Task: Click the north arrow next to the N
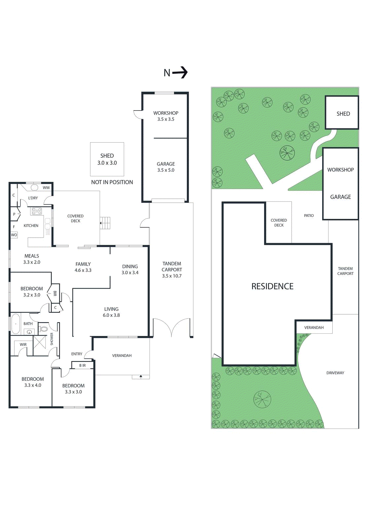[180, 72]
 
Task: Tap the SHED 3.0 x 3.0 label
[107, 159]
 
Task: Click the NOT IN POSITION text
[112, 182]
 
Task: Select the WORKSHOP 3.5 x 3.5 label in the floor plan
[166, 116]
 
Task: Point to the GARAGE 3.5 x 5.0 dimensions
[166, 170]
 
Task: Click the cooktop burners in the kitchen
[37, 211]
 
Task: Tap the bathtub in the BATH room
[16, 324]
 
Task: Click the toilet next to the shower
[44, 329]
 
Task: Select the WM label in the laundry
[46, 188]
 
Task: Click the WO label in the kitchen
[14, 235]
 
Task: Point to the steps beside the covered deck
[106, 223]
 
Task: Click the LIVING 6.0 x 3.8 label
[111, 312]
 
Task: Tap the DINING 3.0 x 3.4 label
[130, 269]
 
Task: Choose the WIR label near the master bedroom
[23, 345]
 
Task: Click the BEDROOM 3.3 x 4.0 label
[33, 382]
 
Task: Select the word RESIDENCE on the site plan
[272, 286]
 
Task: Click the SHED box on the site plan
[342, 113]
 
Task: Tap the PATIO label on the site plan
[309, 215]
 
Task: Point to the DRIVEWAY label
[335, 373]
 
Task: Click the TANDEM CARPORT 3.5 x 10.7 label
[172, 270]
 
